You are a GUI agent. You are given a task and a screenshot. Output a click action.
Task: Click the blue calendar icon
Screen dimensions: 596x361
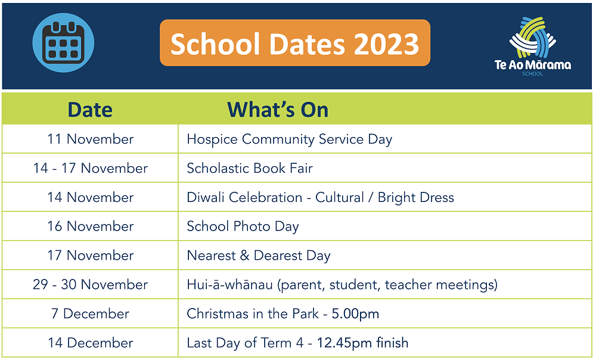click(x=63, y=42)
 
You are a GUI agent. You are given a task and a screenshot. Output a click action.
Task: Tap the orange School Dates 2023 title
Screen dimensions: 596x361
click(x=295, y=43)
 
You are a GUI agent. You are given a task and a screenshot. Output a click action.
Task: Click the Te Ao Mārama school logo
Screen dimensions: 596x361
click(x=532, y=46)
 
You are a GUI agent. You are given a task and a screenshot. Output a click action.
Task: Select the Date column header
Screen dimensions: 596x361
click(x=90, y=110)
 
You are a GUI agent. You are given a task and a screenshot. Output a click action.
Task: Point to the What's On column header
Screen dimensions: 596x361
click(x=278, y=110)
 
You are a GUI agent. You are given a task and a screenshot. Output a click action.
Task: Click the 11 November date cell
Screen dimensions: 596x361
click(x=91, y=139)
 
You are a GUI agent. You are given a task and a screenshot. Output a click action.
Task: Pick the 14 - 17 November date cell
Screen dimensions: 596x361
click(x=91, y=168)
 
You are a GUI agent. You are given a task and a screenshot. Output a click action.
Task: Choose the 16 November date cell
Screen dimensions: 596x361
click(x=91, y=226)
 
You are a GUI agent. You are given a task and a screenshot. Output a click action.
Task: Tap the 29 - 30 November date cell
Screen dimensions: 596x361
click(x=91, y=284)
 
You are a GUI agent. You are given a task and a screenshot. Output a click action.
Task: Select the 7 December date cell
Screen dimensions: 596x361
click(x=91, y=313)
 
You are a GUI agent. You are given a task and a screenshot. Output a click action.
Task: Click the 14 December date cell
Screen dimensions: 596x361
click(x=91, y=343)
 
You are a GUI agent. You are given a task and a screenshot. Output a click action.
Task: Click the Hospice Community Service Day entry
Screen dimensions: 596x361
click(x=290, y=139)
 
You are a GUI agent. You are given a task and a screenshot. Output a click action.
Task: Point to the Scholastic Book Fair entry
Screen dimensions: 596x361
click(x=250, y=168)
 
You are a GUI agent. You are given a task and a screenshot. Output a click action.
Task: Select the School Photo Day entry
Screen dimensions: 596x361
click(x=243, y=227)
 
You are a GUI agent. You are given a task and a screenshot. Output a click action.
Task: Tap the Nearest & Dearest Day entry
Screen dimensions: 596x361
click(x=259, y=256)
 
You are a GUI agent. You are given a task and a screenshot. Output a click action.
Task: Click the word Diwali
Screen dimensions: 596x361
click(x=206, y=197)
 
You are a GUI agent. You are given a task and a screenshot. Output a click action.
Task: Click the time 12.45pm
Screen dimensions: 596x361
click(x=344, y=343)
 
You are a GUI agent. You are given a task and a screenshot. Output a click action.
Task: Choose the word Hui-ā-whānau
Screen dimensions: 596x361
click(x=230, y=284)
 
